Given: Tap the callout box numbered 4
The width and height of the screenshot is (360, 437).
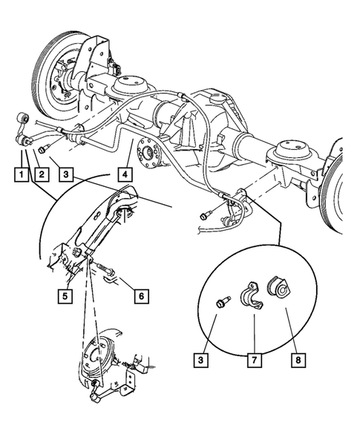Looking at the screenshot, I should (x=124, y=176).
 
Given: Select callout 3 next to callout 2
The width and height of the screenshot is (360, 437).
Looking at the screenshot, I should (x=68, y=176).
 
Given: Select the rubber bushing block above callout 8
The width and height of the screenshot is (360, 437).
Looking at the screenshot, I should (x=282, y=288).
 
